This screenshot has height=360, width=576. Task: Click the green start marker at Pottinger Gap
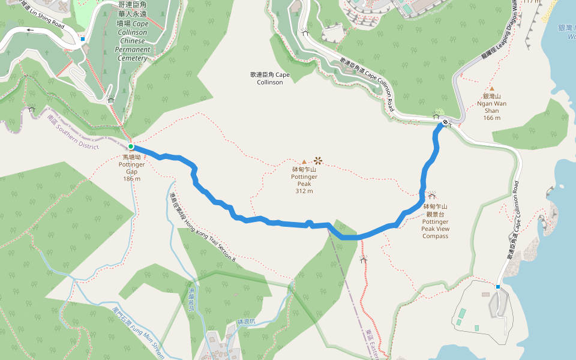click(x=131, y=146)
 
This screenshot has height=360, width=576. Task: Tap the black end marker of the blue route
click(x=445, y=123)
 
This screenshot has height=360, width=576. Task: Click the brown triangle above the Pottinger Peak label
click(x=304, y=162)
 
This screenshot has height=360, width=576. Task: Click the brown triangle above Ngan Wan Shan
click(x=491, y=88)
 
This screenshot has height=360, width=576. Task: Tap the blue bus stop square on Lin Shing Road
click(x=83, y=39)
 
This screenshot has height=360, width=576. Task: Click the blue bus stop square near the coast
click(x=497, y=287)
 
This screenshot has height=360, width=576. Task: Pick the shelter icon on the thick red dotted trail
click(x=363, y=260)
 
